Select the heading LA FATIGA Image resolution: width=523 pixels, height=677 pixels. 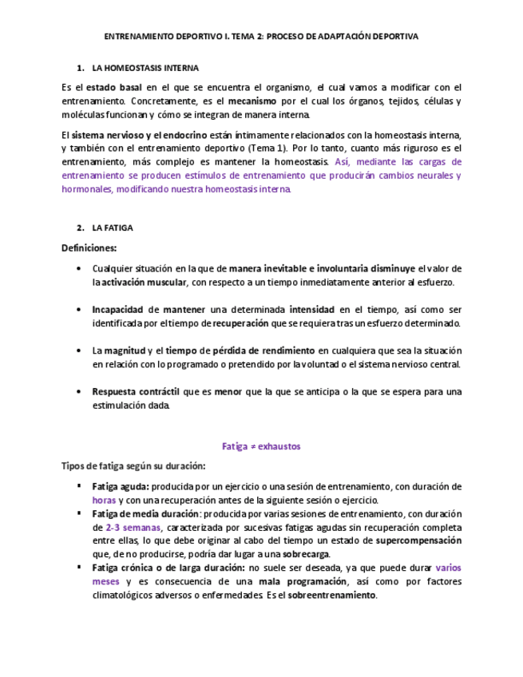pos(113,228)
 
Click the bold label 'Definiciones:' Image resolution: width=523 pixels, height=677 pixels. pos(89,247)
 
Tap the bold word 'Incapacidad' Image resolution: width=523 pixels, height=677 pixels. pos(117,309)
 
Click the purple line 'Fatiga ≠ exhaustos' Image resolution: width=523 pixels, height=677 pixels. pos(261,446)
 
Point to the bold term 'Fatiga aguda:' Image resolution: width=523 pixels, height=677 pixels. pos(121,486)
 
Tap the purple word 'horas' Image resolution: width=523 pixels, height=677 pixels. pos(105,500)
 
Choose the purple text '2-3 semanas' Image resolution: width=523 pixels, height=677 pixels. pos(133,528)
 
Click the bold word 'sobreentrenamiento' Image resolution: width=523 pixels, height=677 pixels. pos(331,595)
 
